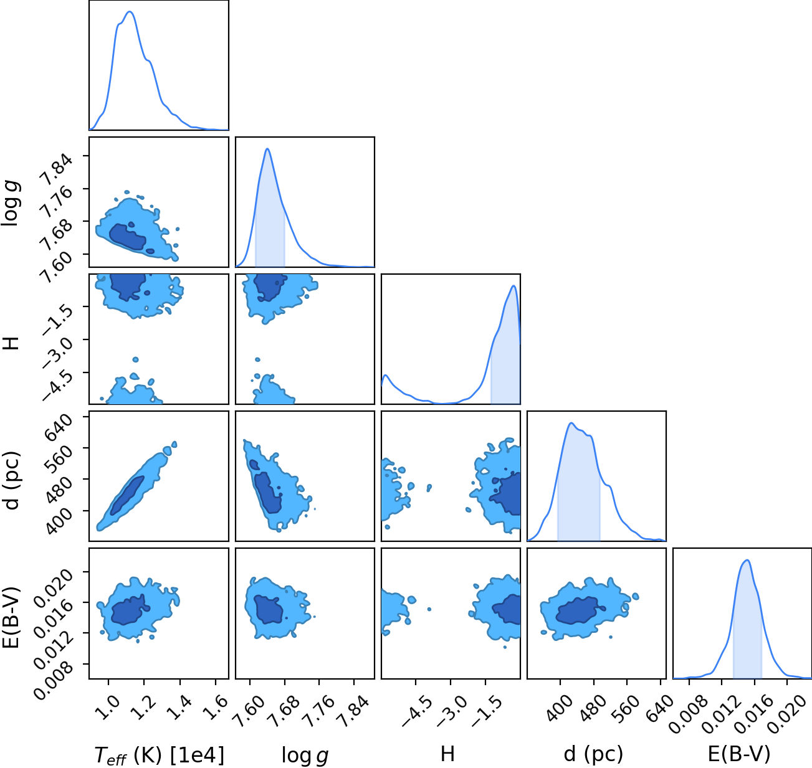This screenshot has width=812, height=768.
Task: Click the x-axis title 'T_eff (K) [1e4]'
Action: pos(160,755)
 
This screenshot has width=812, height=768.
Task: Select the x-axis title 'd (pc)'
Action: pos(593,754)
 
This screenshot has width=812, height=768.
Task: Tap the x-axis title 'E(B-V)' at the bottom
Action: pos(739,754)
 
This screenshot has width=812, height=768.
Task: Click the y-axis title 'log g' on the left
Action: pos(11,204)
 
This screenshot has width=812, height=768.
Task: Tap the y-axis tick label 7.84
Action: pos(57,170)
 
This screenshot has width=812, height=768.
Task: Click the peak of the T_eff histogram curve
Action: pos(130,11)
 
